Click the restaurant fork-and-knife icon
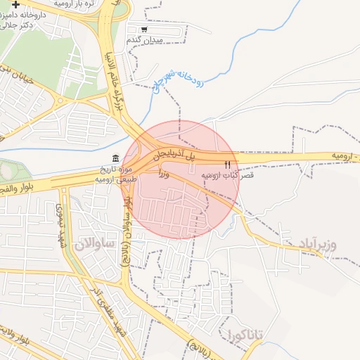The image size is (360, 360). [226, 164]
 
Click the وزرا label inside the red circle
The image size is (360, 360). [164, 172]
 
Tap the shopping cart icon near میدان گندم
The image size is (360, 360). [144, 30]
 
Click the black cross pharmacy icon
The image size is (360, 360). [16, 5]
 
